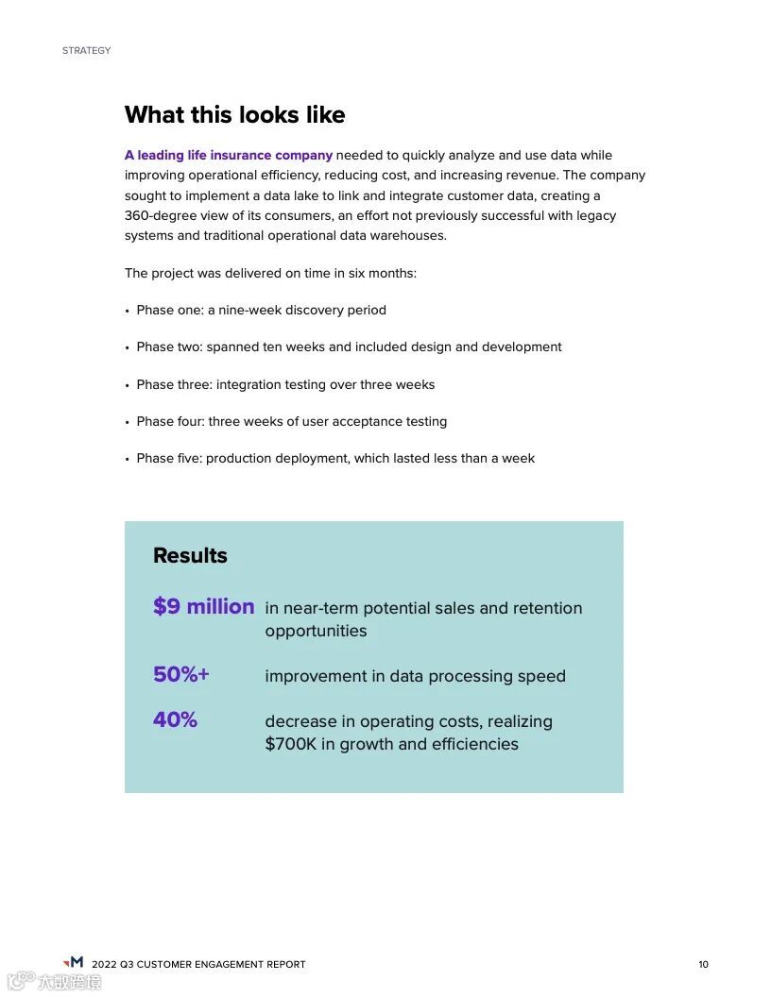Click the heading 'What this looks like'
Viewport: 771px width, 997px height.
pos(234,115)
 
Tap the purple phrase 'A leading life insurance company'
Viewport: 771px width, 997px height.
pos(229,155)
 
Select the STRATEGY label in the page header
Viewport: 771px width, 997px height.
pos(86,50)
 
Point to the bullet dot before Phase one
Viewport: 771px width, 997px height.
pos(127,311)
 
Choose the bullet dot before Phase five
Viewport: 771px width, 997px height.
pos(127,459)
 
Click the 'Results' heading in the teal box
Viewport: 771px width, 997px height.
pos(190,555)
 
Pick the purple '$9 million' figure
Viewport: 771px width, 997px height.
pos(203,606)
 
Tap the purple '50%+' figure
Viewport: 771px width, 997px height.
pos(180,674)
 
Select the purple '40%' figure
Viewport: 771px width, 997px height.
pos(175,719)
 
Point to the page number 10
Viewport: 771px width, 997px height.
pos(703,964)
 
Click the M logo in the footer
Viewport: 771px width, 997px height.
pos(74,962)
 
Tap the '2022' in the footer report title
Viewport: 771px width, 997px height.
pos(104,964)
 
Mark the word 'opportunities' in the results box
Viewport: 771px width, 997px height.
pos(316,631)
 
